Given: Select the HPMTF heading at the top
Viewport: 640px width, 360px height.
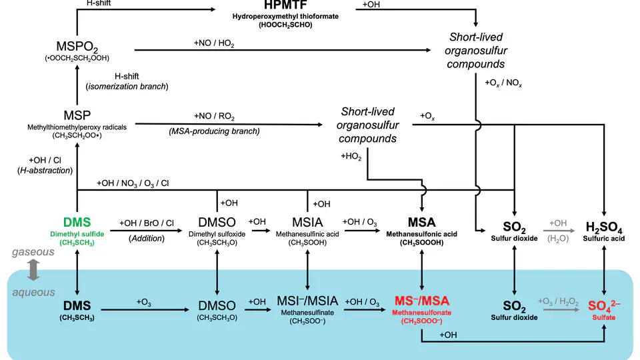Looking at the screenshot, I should pos(272,5).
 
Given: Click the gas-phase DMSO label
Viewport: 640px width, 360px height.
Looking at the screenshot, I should pos(217,222).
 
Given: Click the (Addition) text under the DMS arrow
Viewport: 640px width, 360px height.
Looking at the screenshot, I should pos(146,238).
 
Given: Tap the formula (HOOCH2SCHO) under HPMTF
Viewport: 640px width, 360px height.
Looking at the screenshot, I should pos(272,25).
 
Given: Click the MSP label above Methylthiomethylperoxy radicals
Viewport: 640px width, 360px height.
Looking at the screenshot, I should pos(78,114).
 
